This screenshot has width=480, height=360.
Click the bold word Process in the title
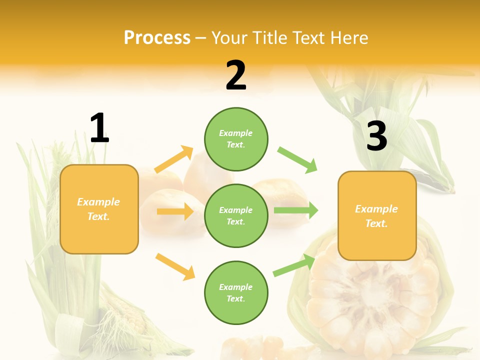coord(157,37)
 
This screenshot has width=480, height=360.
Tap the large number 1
coord(99,128)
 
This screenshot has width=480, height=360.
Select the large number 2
coord(236,75)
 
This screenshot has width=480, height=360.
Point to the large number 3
coord(376,136)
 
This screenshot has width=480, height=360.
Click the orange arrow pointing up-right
coord(174,159)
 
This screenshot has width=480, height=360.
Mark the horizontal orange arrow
coord(175,211)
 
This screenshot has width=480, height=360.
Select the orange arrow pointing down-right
coord(175,266)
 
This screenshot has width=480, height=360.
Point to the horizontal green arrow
coord(296,210)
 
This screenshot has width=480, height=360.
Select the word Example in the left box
coord(98,202)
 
